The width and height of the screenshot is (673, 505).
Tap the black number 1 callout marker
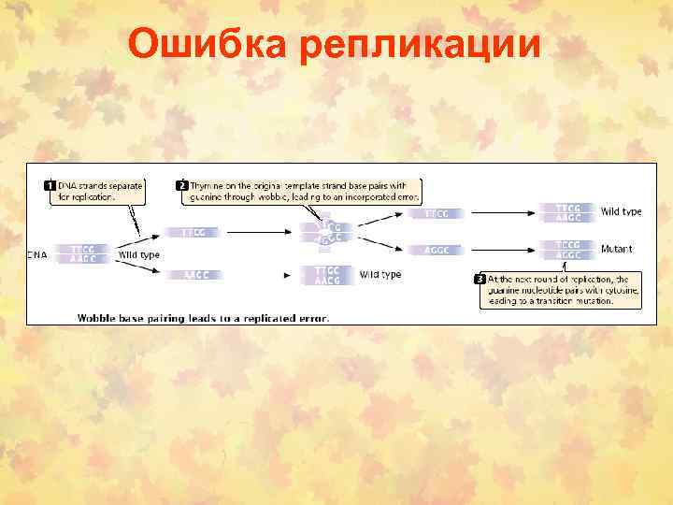point(50,185)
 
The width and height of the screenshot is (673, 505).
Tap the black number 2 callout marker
point(182,185)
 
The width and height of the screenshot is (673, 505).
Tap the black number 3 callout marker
point(480,279)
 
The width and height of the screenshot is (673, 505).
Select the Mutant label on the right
point(616,250)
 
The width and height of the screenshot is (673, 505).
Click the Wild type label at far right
point(621,211)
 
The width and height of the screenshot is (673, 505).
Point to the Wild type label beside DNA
point(138,254)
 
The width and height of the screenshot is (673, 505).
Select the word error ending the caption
point(313,317)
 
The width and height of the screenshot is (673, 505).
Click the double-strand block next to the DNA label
point(82,253)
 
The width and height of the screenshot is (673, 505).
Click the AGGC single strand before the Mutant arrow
point(437,250)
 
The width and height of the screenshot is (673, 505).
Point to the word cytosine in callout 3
point(619,291)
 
